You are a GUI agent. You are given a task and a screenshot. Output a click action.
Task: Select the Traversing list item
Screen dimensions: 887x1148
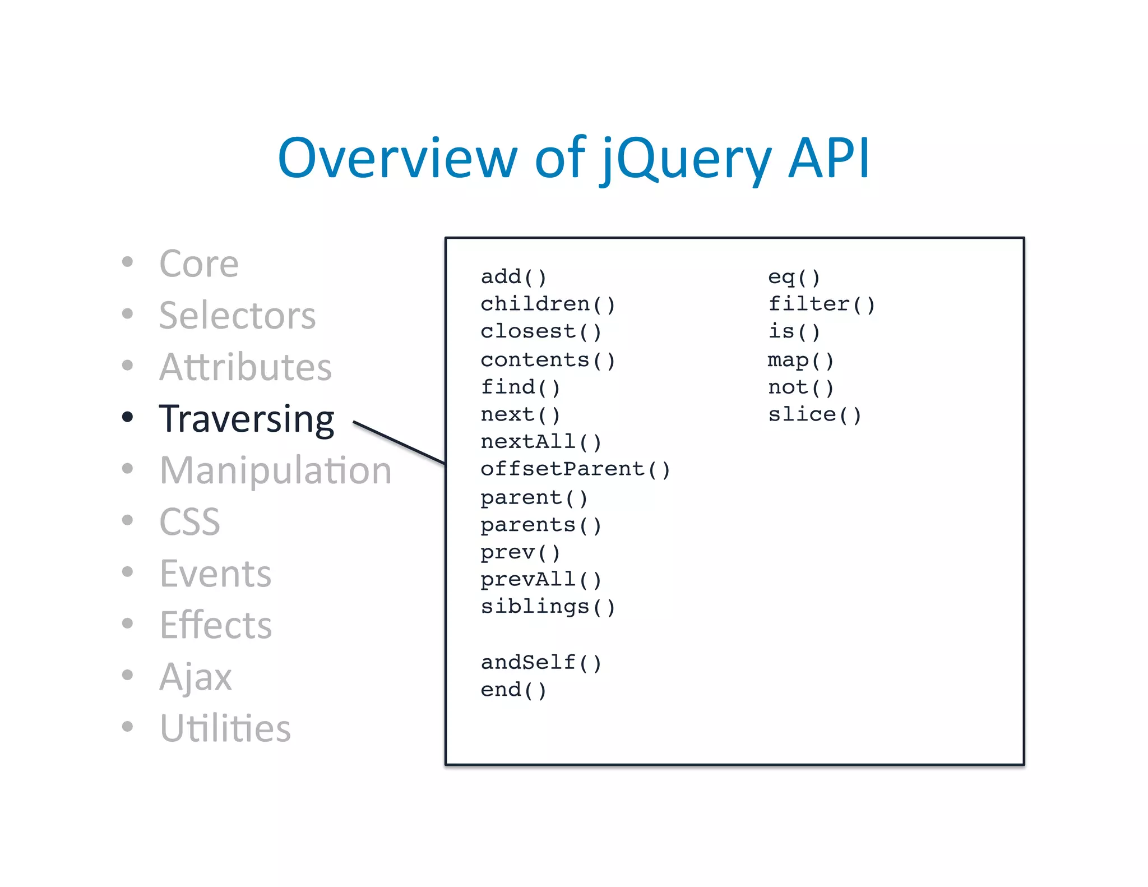point(247,419)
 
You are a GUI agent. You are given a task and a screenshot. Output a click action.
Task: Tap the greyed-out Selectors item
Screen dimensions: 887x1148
point(237,316)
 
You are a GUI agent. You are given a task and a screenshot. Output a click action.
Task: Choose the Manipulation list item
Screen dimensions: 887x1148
point(275,470)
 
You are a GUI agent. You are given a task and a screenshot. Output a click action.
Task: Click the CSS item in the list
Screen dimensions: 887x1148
point(189,522)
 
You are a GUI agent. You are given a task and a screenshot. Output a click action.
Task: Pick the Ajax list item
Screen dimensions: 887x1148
point(195,677)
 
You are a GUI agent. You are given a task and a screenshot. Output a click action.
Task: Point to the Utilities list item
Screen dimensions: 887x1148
point(225,728)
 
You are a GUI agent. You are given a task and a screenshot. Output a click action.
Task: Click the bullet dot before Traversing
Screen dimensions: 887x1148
point(128,417)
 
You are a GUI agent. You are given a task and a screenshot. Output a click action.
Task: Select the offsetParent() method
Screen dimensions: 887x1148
point(575,469)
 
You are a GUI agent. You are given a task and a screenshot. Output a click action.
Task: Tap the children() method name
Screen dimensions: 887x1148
point(548,304)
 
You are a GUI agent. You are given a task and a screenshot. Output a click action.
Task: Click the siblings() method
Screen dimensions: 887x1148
point(548,607)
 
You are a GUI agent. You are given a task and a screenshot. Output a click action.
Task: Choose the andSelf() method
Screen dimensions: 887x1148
point(541,663)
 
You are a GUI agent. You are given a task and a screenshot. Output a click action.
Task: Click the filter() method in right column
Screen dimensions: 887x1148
point(821,304)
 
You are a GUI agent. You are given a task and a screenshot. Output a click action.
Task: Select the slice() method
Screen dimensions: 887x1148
point(814,415)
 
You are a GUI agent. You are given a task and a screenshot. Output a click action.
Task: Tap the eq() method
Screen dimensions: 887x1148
point(794,277)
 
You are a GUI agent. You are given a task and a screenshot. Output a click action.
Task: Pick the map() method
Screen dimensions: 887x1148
point(800,360)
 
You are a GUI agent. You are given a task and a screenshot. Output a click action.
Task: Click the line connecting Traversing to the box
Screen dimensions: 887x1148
point(399,442)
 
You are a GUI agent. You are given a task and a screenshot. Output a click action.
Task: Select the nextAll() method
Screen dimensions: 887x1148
point(541,442)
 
